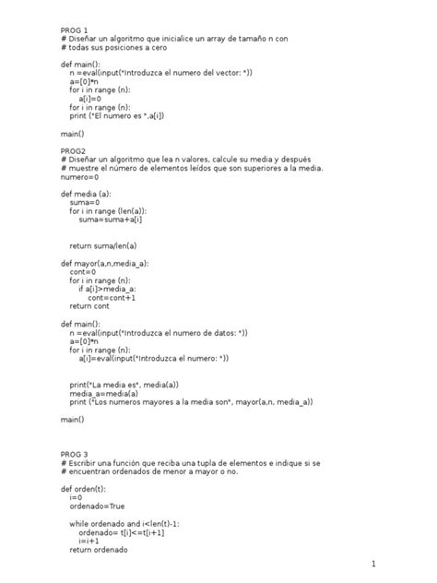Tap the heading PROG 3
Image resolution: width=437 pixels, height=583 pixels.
75,454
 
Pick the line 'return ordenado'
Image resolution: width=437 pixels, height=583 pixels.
98,549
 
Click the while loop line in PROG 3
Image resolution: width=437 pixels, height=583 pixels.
124,523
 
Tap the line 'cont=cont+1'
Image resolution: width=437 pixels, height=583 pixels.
112,298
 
